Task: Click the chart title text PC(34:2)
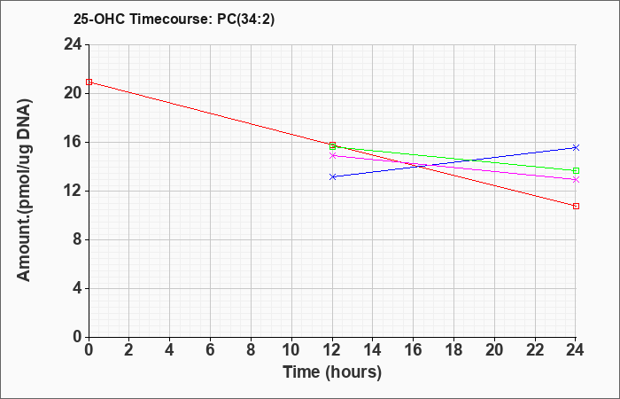tap(245, 19)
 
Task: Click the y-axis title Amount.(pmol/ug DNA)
tap(24, 191)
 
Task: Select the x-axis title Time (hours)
tap(332, 372)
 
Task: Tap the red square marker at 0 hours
tap(89, 82)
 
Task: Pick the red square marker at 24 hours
tap(576, 207)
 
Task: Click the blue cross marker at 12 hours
tap(332, 177)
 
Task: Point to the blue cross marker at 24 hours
tap(576, 148)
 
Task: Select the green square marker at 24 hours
tap(576, 170)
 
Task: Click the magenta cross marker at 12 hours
tap(332, 155)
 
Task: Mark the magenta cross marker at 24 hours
tap(576, 180)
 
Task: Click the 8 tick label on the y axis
tap(78, 240)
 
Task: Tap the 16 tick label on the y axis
tap(74, 142)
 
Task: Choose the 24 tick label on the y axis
tap(74, 44)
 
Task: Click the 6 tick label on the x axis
tap(211, 350)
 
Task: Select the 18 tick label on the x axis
tap(453, 350)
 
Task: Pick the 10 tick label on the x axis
tap(291, 350)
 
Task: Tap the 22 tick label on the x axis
tap(535, 350)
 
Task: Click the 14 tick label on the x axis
tap(373, 350)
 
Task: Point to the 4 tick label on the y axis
tap(78, 288)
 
